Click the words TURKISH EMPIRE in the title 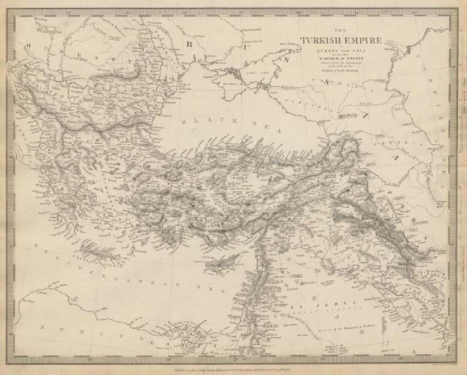click(x=341, y=41)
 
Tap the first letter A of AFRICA click(x=43, y=327)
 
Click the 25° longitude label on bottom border click(x=90, y=360)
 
